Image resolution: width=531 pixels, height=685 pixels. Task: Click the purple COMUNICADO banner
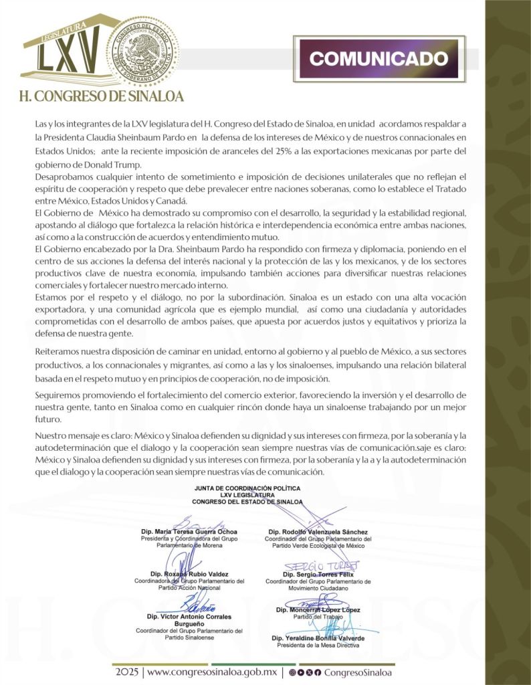[379, 58]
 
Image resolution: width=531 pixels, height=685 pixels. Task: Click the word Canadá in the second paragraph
[173, 201]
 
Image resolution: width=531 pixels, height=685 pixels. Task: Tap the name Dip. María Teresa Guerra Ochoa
[189, 532]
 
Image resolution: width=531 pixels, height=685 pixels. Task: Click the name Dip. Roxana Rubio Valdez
[189, 574]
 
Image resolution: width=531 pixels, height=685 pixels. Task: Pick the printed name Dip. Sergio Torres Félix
[318, 574]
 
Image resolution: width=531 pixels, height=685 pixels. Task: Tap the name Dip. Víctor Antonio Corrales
[190, 616]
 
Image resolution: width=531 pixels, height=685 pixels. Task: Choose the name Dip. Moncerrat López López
[318, 609]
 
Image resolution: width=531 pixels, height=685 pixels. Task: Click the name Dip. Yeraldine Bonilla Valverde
[318, 638]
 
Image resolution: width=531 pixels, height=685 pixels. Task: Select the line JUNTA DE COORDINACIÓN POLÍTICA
[247, 489]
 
